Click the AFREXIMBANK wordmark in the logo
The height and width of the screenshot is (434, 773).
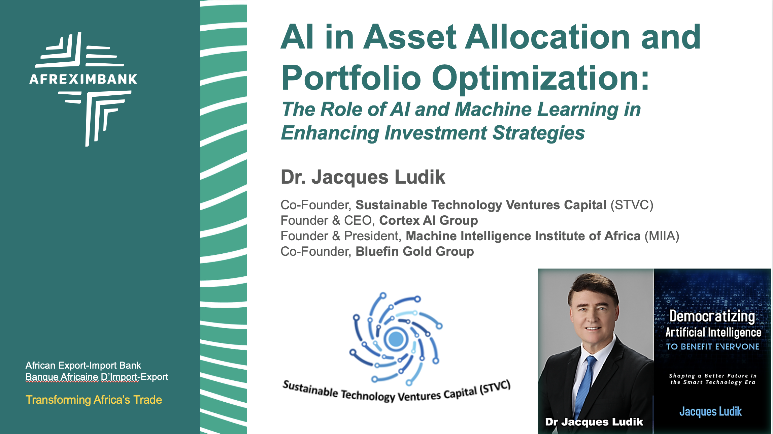pyautogui.click(x=83, y=79)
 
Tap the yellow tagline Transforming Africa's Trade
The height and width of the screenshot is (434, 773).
pyautogui.click(x=94, y=400)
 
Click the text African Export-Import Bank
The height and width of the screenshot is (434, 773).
pyautogui.click(x=83, y=365)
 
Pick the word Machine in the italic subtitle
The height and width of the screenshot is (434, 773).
pyautogui.click(x=493, y=110)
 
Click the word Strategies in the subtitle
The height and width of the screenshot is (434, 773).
pyautogui.click(x=538, y=133)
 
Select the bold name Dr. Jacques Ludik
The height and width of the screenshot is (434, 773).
pyautogui.click(x=363, y=177)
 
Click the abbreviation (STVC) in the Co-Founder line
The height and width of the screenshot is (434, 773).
pyautogui.click(x=632, y=205)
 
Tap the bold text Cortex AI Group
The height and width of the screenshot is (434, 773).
pyautogui.click(x=428, y=220)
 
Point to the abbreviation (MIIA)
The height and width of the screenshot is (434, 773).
pyautogui.click(x=662, y=236)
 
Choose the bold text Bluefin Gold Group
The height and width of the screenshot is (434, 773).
pyautogui.click(x=414, y=251)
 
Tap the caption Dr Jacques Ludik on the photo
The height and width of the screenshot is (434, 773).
pyautogui.click(x=594, y=422)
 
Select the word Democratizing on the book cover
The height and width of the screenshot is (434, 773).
pyautogui.click(x=712, y=316)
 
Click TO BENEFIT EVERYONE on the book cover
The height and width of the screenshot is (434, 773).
pyautogui.click(x=712, y=347)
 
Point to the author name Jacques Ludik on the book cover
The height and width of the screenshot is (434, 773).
pyautogui.click(x=710, y=411)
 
